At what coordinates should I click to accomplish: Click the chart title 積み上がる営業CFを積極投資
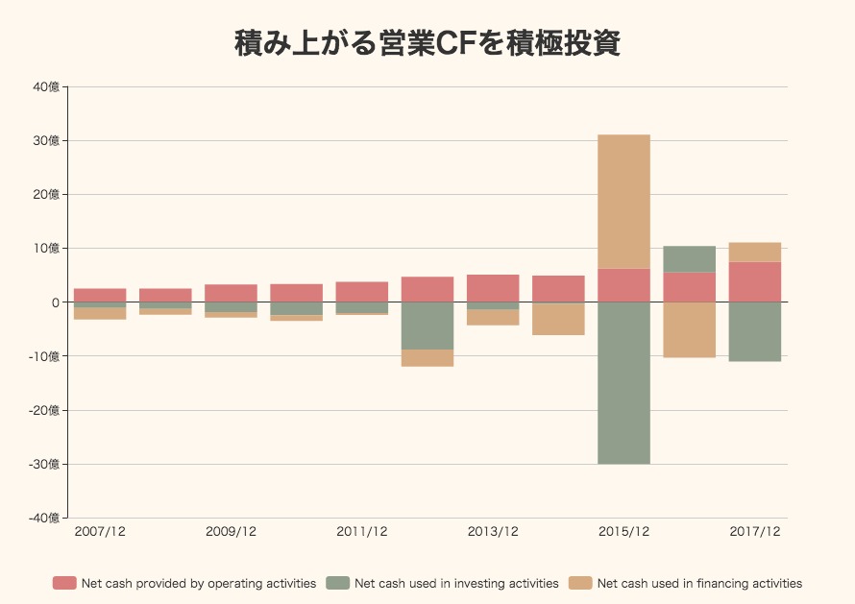[427, 44]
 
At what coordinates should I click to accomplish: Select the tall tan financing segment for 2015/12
[623, 202]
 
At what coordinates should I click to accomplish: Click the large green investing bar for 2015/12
[623, 383]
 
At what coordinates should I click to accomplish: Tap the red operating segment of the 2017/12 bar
[754, 282]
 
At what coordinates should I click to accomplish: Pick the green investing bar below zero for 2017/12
[754, 331]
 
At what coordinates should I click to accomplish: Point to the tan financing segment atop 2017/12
[754, 253]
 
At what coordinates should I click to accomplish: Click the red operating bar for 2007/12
[100, 296]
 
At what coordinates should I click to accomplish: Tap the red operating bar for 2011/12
[361, 292]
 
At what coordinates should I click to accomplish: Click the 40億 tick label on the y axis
[47, 87]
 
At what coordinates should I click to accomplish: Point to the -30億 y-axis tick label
[45, 464]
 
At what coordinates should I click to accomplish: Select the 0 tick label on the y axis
[56, 302]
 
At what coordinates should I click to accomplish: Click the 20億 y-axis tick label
[47, 195]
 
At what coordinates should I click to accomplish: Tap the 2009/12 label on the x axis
[231, 531]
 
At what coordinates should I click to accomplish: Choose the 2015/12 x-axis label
[623, 531]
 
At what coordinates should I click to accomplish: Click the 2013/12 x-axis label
[493, 531]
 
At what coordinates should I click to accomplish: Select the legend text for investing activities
[456, 583]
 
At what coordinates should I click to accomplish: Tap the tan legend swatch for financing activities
[580, 583]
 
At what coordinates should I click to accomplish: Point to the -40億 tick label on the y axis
[45, 518]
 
